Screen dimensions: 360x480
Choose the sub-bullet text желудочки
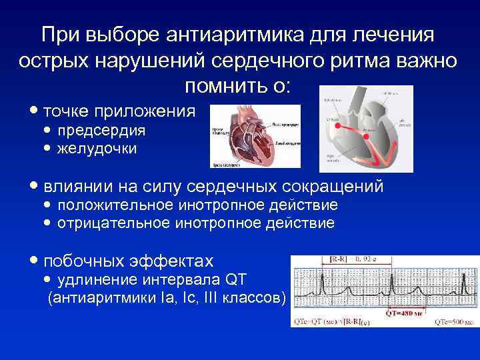tap(97, 148)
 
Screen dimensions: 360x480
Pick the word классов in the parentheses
tap(251, 297)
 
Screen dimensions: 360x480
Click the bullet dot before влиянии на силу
tap(33, 187)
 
